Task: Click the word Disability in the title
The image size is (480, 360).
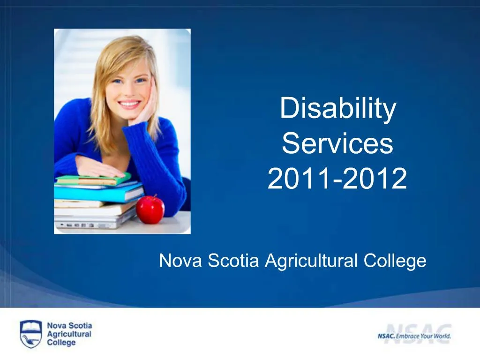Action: point(337,109)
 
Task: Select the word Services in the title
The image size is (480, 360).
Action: point(337,144)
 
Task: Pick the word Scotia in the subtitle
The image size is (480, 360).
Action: point(233,261)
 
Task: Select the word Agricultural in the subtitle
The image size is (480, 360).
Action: point(311,261)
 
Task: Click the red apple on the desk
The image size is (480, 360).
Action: point(150,210)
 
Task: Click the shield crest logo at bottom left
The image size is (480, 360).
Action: point(30,333)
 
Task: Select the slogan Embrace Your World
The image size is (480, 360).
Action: point(423,336)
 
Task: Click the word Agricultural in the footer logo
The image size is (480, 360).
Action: point(69,334)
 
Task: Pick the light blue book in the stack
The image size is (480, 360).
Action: point(98,192)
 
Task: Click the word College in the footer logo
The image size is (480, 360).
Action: point(61,342)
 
